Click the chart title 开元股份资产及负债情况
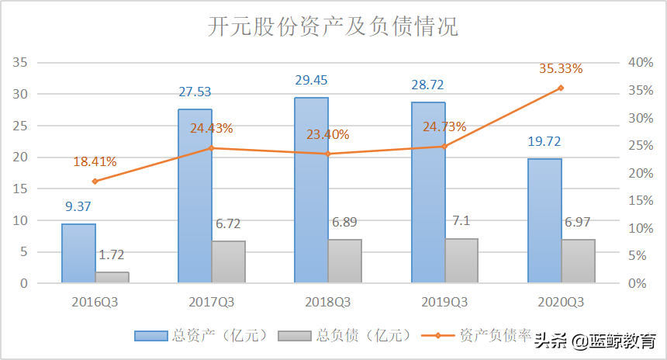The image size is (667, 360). pos(333,27)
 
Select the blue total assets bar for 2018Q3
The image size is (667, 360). pos(312,190)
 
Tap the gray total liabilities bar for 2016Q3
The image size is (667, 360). pos(112,277)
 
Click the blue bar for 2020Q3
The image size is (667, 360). pos(544,221)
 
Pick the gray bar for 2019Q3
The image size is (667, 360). pos(461,261)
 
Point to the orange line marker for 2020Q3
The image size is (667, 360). pos(561,88)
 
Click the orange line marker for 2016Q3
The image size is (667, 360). pos(95,182)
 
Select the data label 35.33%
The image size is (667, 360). pos(561,68)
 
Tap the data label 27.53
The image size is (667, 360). pos(195,92)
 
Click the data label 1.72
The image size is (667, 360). pos(112,254)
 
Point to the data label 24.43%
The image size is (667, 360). pos(211,127)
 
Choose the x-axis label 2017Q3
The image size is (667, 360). pos(211,301)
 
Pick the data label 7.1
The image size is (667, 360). pos(461,222)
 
